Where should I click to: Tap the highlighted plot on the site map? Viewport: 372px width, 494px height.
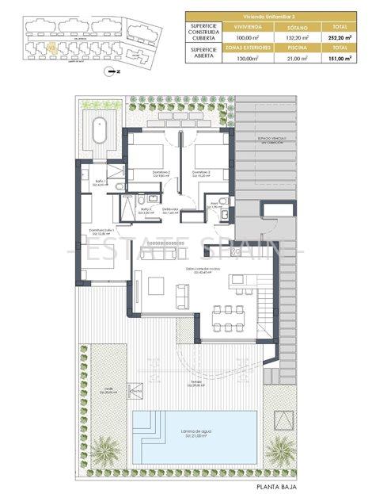point(51,46)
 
